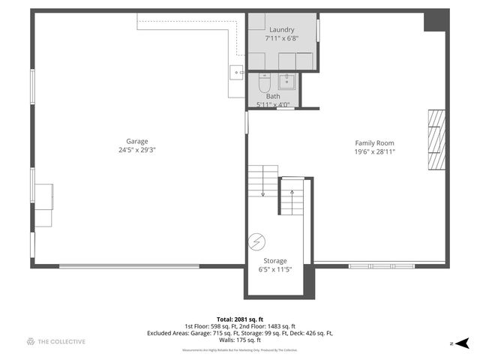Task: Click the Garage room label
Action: (x=136, y=141)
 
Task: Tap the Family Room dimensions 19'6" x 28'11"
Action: (x=374, y=151)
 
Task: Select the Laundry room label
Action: (x=281, y=29)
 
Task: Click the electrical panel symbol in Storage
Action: (x=256, y=241)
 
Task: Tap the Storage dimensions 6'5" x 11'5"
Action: (x=274, y=269)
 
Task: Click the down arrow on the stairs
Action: (x=263, y=193)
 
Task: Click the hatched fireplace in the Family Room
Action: (x=436, y=141)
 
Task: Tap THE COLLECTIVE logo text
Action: (x=61, y=342)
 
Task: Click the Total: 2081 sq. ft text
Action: (x=240, y=319)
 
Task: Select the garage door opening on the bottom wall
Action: (x=129, y=265)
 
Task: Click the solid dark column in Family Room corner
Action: (x=434, y=22)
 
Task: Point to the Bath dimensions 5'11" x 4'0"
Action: (x=274, y=104)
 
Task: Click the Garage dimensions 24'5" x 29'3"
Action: (x=136, y=150)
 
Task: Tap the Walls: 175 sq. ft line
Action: (x=240, y=341)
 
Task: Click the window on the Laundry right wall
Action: (x=318, y=30)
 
